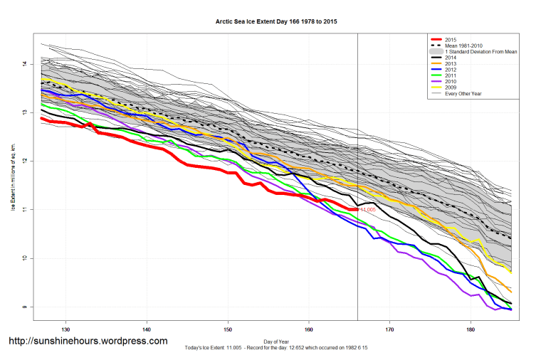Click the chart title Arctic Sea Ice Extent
(x=276, y=22)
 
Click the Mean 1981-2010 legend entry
(x=463, y=46)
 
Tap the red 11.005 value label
(x=367, y=210)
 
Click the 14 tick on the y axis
(x=23, y=64)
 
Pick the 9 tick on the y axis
(x=23, y=307)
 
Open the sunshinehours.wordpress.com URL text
(x=88, y=342)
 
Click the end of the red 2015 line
(x=357, y=209)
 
